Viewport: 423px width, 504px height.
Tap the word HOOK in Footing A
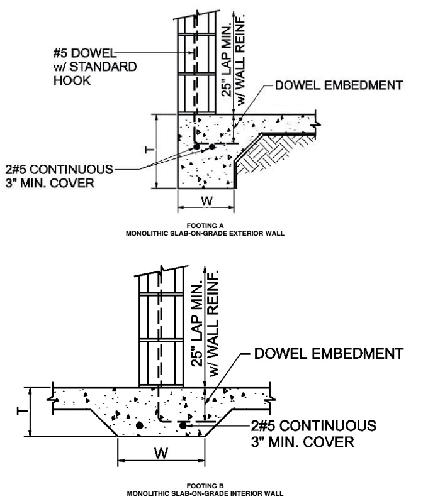pos(72,80)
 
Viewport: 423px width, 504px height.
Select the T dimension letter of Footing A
pos(149,150)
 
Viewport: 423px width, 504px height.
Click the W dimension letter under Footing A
pos(206,201)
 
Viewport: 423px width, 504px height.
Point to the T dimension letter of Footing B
pos(21,411)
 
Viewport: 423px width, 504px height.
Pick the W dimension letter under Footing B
pos(161,453)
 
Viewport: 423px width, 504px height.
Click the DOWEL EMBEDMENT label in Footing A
pos(339,85)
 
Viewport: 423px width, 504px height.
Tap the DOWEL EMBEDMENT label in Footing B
pos(329,353)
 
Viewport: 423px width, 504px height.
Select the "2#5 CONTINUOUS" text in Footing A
pos(59,169)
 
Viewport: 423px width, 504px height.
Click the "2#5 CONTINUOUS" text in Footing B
pos(313,425)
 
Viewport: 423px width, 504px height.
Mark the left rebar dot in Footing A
pos(196,147)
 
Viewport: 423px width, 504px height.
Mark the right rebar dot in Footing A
pos(212,147)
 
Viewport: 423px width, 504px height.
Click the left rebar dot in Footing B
pos(139,425)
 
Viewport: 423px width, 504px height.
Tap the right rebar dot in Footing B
pos(183,425)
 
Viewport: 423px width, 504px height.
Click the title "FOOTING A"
pos(205,226)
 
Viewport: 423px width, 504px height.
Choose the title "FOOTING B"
pos(205,486)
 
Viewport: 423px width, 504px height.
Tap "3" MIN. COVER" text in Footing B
pos(303,442)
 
